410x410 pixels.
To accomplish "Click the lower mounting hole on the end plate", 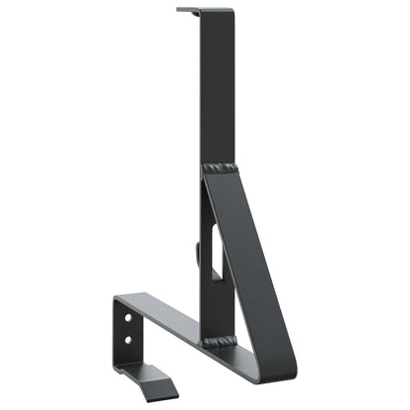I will pos(128,340).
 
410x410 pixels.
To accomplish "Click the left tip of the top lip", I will pos(179,10).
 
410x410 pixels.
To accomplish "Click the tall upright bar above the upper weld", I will pos(217,89).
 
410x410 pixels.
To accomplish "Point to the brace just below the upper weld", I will pos(229,192).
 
